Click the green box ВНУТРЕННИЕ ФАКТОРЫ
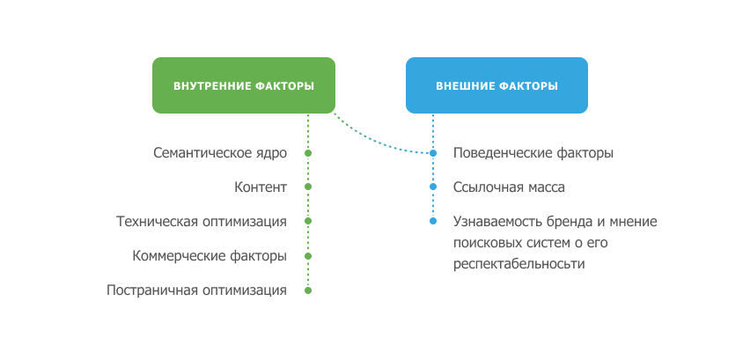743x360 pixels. tap(244, 85)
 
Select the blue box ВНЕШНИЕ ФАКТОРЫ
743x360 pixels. tap(497, 85)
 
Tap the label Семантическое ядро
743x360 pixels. tap(220, 153)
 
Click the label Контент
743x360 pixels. tap(261, 187)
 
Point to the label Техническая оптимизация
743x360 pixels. tap(202, 221)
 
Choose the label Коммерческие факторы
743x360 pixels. tap(210, 256)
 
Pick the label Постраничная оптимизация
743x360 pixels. tap(196, 290)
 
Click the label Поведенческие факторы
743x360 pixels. tap(533, 153)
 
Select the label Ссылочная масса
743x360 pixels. tap(509, 187)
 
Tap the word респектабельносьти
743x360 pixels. tap(519, 264)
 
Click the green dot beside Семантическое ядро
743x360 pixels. tap(308, 153)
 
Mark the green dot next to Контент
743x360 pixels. tap(308, 187)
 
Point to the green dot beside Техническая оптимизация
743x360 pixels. tap(308, 221)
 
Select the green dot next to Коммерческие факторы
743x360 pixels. tap(308, 256)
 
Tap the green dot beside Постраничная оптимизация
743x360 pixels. tap(308, 290)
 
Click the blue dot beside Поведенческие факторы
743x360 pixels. tap(432, 153)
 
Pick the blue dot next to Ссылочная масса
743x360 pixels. tap(432, 187)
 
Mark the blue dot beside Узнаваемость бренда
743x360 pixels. tap(432, 221)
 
